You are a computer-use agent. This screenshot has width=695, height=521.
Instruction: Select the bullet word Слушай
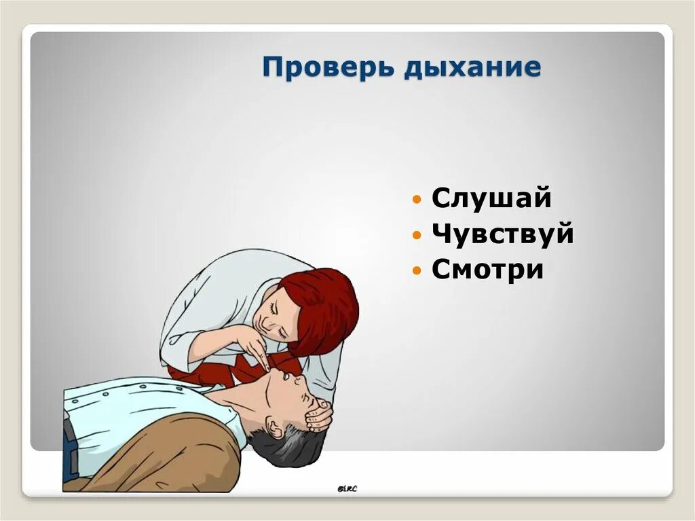click(x=491, y=198)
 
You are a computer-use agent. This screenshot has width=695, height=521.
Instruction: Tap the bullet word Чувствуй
click(x=503, y=234)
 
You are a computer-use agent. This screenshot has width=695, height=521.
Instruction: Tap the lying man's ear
click(x=272, y=429)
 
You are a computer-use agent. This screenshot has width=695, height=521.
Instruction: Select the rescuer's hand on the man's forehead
click(x=318, y=414)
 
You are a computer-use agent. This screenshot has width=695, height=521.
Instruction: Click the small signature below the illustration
click(x=347, y=487)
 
